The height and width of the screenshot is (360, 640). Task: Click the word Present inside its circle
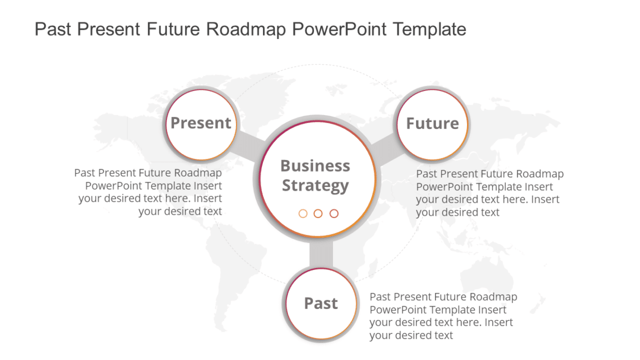201,123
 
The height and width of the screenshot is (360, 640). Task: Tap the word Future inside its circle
432,124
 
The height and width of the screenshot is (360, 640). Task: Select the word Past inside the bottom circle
321,304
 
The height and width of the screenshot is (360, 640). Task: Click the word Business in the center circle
315,165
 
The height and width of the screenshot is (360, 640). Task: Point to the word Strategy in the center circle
315,185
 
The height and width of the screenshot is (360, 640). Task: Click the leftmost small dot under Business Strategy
303,214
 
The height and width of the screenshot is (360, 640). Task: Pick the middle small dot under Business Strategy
318,214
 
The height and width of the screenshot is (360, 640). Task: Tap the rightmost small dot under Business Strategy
334,214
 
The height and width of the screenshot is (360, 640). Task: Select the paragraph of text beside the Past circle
443,316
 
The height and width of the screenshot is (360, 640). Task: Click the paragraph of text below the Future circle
489,193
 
